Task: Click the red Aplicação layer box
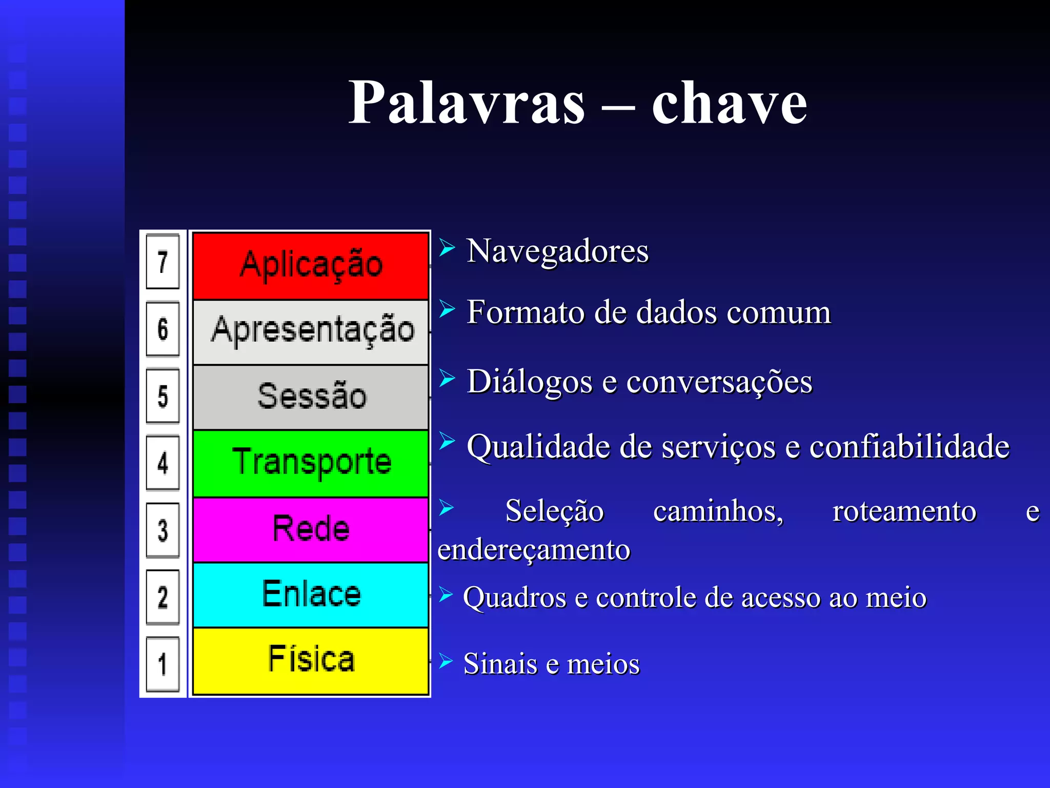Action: pyautogui.click(x=311, y=266)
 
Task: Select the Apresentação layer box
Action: pyautogui.click(x=311, y=331)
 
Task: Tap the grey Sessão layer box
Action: pyautogui.click(x=311, y=397)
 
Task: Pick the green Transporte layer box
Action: pyautogui.click(x=311, y=463)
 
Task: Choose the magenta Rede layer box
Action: pyautogui.click(x=311, y=529)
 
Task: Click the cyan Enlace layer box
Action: pyautogui.click(x=311, y=595)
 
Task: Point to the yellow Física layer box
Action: pyautogui.click(x=311, y=660)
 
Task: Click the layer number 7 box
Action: pyautogui.click(x=163, y=262)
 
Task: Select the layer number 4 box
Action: pyautogui.click(x=163, y=463)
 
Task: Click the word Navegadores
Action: pyautogui.click(x=557, y=251)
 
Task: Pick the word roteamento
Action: pyautogui.click(x=904, y=511)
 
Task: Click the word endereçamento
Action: pyautogui.click(x=533, y=550)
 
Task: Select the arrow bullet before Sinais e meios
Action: pyautogui.click(x=446, y=661)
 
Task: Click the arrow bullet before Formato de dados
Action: pyautogui.click(x=447, y=309)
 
